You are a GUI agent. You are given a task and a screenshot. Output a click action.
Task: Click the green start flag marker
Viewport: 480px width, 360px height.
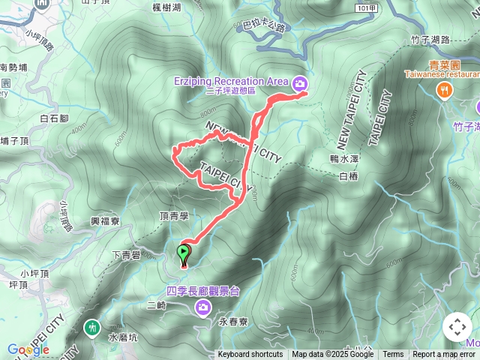click(183, 253)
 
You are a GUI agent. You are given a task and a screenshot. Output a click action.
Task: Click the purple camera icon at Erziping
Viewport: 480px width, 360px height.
click(301, 82)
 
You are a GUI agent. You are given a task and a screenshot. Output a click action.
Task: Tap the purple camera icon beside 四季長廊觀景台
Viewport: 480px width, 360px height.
click(202, 307)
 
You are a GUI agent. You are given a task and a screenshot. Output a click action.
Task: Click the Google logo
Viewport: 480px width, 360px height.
click(28, 349)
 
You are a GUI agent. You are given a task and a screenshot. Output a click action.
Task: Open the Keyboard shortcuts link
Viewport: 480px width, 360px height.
click(250, 355)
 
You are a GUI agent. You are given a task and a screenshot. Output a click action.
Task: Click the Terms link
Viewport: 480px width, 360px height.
click(393, 355)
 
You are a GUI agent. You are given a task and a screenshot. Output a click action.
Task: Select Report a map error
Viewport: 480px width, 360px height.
click(444, 355)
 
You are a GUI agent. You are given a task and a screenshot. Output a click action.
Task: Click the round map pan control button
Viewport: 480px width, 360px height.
click(457, 327)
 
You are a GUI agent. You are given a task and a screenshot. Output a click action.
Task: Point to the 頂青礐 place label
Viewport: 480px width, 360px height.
click(173, 216)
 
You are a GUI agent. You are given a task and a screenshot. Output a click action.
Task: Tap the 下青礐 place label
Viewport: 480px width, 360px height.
click(126, 256)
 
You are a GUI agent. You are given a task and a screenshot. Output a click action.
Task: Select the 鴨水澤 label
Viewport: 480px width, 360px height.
click(346, 160)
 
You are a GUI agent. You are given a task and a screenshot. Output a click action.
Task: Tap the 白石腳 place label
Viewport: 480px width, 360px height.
click(54, 118)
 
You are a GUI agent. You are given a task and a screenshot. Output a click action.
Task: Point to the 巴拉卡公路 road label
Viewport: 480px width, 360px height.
click(265, 27)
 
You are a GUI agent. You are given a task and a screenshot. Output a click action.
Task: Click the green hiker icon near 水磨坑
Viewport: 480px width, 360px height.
click(92, 327)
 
